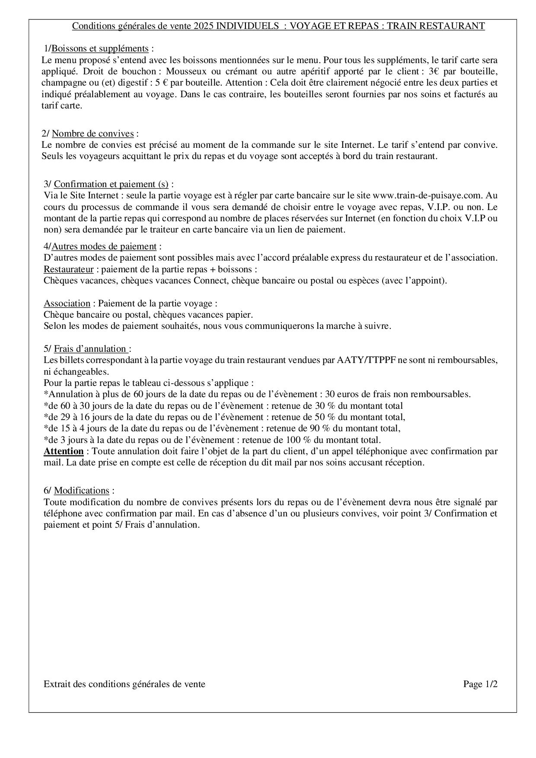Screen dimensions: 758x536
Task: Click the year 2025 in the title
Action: (x=204, y=26)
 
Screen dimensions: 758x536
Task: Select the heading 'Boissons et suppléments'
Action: (x=100, y=48)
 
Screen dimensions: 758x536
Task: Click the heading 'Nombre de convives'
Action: (x=93, y=134)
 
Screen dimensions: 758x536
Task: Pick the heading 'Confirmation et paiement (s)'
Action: (x=111, y=185)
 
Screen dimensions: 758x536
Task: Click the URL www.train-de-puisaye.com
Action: (x=428, y=196)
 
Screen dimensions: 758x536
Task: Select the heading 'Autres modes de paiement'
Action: (x=104, y=246)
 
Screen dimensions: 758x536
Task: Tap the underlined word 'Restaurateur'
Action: (x=68, y=269)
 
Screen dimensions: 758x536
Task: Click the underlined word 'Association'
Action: (x=67, y=303)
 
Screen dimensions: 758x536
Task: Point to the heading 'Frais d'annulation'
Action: (x=91, y=349)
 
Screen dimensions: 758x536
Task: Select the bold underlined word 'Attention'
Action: (x=64, y=451)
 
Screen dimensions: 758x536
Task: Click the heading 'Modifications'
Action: (x=81, y=490)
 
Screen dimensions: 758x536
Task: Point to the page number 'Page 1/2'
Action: (x=480, y=684)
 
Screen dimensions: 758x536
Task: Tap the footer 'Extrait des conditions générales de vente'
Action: (x=124, y=684)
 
